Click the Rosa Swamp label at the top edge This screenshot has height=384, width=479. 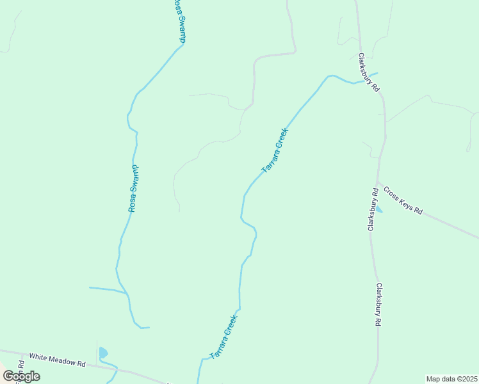click(x=179, y=21)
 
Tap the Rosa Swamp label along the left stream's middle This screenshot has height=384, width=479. click(x=133, y=189)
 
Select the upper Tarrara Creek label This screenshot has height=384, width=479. click(x=275, y=151)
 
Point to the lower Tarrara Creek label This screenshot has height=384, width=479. click(x=223, y=337)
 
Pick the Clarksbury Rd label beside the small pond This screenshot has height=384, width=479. click(x=372, y=209)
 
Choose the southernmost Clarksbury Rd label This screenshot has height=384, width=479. click(x=378, y=305)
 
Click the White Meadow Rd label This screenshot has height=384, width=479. click(x=58, y=360)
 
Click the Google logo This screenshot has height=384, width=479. click(x=21, y=376)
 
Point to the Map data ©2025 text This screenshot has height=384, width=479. click(x=451, y=379)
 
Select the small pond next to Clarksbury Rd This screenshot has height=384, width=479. click(x=379, y=209)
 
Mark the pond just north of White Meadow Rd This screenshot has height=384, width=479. click(x=104, y=353)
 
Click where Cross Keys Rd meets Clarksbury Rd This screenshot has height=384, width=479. click(x=378, y=182)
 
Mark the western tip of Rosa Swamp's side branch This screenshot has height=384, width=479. click(x=90, y=288)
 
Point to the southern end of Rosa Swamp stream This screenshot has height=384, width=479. click(x=149, y=328)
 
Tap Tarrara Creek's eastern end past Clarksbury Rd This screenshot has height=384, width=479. click(x=377, y=73)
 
